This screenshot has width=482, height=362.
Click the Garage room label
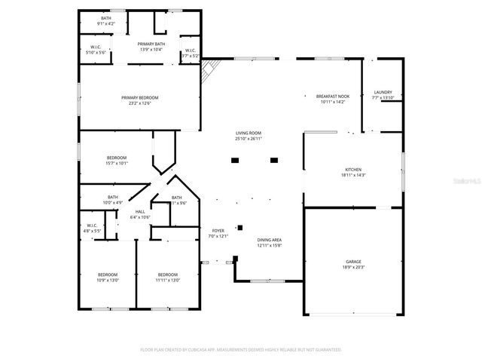point(353,261)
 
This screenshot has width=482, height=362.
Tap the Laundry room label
point(383,93)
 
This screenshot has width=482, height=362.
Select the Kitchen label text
point(353,170)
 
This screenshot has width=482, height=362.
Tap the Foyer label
point(217,232)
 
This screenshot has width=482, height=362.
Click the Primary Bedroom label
point(140,97)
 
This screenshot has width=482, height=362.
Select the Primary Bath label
point(151,44)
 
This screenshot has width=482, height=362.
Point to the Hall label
point(140,212)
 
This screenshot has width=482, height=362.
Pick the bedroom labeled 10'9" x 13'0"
point(108,274)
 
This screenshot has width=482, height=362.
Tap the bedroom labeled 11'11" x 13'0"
point(167,274)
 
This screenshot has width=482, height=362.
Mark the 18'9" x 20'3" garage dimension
point(353,267)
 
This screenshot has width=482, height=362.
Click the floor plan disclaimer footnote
point(241,350)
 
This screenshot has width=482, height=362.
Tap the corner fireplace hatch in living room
point(208,71)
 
